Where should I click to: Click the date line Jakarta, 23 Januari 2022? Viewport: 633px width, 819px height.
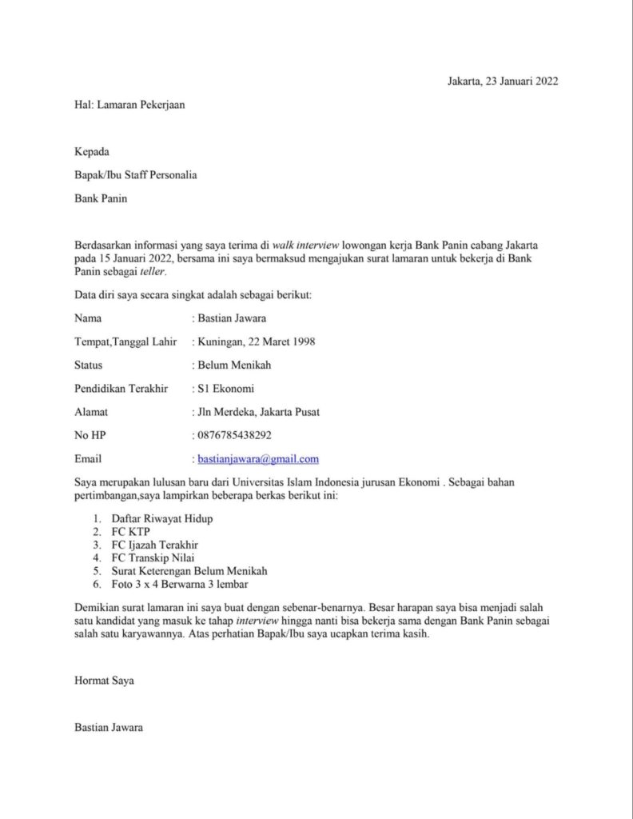(503, 81)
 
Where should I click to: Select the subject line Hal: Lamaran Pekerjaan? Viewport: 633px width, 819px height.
(129, 104)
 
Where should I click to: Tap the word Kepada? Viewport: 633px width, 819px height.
(92, 152)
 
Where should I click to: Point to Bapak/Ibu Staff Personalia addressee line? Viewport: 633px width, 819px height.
(135, 175)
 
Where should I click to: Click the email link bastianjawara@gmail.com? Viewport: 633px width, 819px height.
(258, 459)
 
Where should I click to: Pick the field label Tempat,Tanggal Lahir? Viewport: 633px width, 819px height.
(125, 342)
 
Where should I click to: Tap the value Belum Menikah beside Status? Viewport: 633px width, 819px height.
(234, 366)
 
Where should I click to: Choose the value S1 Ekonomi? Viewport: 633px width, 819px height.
(226, 389)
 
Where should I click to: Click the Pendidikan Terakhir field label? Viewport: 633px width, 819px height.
(121, 389)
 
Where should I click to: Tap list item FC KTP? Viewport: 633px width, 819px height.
(131, 532)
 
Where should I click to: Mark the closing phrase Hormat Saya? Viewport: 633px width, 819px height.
(104, 681)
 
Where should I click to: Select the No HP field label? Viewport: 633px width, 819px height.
(90, 436)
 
